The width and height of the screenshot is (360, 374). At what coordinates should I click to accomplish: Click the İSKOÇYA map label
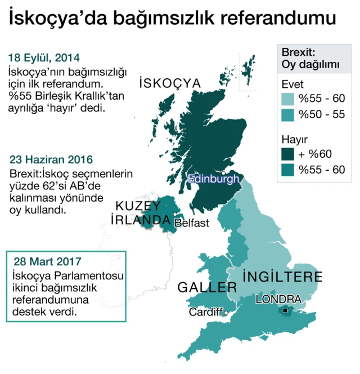[170, 84]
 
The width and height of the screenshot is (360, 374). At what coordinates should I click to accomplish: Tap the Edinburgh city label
[214, 179]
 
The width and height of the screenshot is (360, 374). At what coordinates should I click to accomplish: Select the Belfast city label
[192, 223]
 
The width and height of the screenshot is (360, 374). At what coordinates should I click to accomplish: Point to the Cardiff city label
[206, 311]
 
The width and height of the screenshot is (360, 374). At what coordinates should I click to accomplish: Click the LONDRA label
[278, 299]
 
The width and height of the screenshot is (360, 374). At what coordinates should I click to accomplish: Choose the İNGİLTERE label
[282, 277]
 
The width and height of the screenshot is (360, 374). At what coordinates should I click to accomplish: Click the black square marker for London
[285, 310]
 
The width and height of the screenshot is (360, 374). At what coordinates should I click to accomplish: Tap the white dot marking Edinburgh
[223, 173]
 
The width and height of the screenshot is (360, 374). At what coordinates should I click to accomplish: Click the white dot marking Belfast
[175, 215]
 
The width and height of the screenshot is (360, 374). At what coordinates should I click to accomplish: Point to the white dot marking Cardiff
[226, 313]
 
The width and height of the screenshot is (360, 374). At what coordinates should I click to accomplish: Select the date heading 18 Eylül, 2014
[44, 58]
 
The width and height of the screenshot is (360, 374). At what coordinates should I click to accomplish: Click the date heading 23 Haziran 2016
[51, 160]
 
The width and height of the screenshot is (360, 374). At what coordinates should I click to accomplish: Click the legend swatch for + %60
[287, 154]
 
